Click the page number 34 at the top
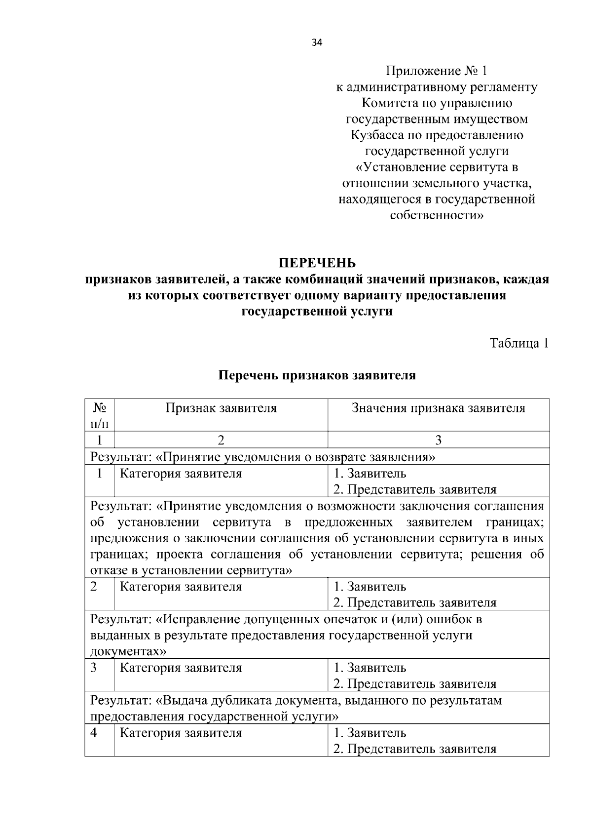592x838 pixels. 317,43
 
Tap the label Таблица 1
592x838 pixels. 518,343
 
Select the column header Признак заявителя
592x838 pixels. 221,408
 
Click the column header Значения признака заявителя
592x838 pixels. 438,408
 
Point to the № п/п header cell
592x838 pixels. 100,415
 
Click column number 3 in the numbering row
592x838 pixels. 438,440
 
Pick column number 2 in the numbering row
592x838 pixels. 221,440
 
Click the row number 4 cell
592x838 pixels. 94,732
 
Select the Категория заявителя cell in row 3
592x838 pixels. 181,668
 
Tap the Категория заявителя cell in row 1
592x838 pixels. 181,474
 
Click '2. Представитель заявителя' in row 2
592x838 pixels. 414,603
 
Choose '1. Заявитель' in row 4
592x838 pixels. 370,732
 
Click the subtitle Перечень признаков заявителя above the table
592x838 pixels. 317,375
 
